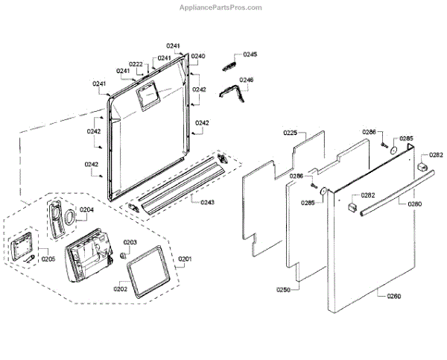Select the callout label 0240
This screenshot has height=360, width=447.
click(x=198, y=57)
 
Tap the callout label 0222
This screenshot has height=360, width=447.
click(x=136, y=64)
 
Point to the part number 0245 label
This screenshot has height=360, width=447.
click(x=250, y=54)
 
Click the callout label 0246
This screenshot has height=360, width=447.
click(x=247, y=80)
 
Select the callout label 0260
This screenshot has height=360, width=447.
click(x=394, y=297)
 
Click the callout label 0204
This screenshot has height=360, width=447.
click(x=87, y=210)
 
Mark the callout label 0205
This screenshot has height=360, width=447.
click(x=48, y=259)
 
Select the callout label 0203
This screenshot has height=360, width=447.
click(x=130, y=242)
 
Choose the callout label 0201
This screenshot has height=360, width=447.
click(x=185, y=259)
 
